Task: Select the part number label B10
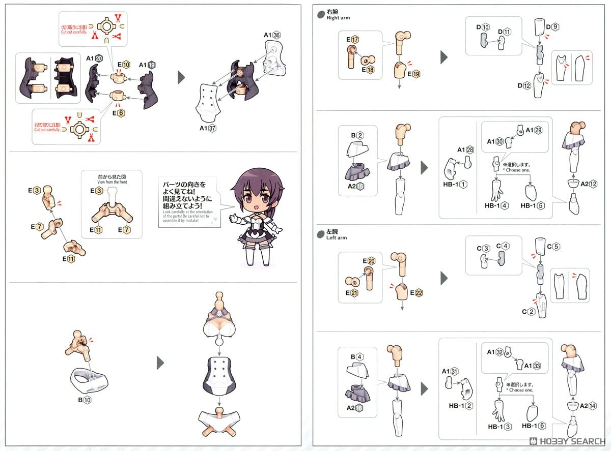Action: (x=85, y=400)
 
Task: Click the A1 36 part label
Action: (x=272, y=35)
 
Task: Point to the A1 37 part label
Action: (x=208, y=128)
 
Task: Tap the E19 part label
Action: (x=413, y=74)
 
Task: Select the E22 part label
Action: (x=415, y=293)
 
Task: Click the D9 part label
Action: (x=552, y=26)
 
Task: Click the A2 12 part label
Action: (x=588, y=184)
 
